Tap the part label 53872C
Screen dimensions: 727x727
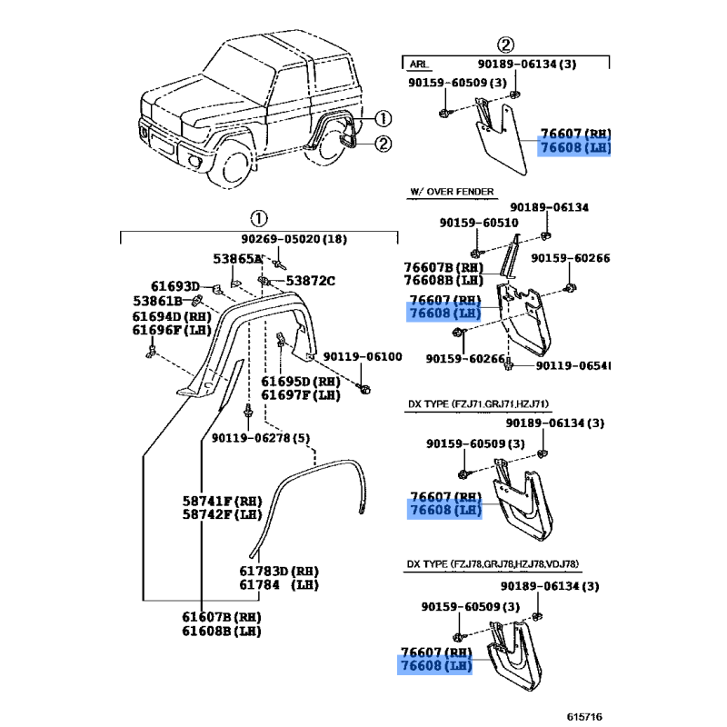click(x=310, y=281)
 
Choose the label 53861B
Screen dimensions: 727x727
click(x=158, y=301)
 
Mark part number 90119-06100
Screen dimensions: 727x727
click(x=362, y=357)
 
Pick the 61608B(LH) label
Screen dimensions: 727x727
click(x=220, y=631)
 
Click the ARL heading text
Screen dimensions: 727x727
click(x=419, y=65)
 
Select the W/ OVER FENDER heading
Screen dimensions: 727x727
click(x=452, y=193)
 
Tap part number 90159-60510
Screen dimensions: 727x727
click(x=478, y=223)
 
